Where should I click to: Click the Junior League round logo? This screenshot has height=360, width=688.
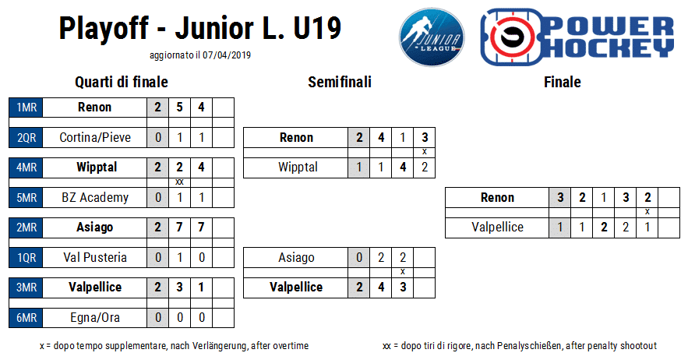[432, 37]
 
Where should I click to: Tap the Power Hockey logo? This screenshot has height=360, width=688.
[577, 37]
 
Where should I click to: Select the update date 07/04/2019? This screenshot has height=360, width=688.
[227, 55]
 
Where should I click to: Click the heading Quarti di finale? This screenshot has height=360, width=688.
[122, 82]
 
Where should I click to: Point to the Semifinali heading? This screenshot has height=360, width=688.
[340, 82]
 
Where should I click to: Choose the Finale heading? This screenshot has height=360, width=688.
[563, 82]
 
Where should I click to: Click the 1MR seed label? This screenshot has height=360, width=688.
[26, 107]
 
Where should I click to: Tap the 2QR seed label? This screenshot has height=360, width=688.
[26, 137]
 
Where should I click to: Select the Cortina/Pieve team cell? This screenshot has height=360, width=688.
[95, 137]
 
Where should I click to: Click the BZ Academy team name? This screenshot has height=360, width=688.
[95, 198]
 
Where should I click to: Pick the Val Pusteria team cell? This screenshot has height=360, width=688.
[95, 257]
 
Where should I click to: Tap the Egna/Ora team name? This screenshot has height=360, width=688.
[95, 317]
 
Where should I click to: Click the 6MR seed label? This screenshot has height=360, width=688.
[26, 317]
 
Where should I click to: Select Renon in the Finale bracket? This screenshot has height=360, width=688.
[497, 198]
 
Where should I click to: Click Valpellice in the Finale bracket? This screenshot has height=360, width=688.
[497, 228]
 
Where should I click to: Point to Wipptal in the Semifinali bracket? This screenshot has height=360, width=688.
[298, 168]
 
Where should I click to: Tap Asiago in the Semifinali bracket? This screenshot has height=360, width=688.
[296, 257]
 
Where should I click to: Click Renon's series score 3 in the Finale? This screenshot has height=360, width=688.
[560, 198]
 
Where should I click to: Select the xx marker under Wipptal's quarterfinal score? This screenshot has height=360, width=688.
[179, 182]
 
